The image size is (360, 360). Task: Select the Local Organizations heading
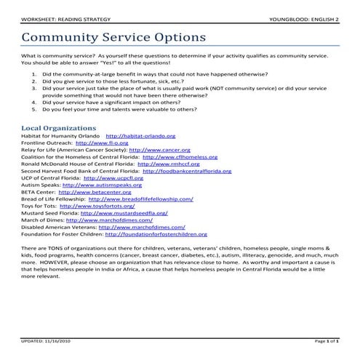pyautogui.click(x=57, y=128)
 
